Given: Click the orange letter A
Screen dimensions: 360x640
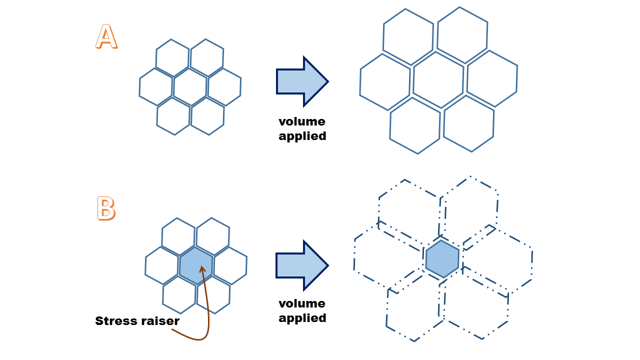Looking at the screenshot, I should (106, 37).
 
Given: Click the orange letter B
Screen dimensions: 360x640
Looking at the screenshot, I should (105, 209).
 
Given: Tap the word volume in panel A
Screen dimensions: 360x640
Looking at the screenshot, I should (302, 121).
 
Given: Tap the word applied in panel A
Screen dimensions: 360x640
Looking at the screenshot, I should (302, 135).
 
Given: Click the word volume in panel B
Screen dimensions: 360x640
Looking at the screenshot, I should (302, 303).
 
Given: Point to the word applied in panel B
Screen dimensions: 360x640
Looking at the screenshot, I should (302, 317).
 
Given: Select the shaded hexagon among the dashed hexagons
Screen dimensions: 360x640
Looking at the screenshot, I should (442, 259).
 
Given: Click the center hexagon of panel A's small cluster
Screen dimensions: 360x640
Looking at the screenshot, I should (190, 87).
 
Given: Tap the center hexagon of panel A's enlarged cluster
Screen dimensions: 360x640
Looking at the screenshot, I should (438, 79).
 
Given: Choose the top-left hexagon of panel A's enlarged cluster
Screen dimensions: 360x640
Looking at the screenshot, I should (408, 36).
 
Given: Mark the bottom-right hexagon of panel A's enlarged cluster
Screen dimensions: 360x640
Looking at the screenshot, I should (468, 123).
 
